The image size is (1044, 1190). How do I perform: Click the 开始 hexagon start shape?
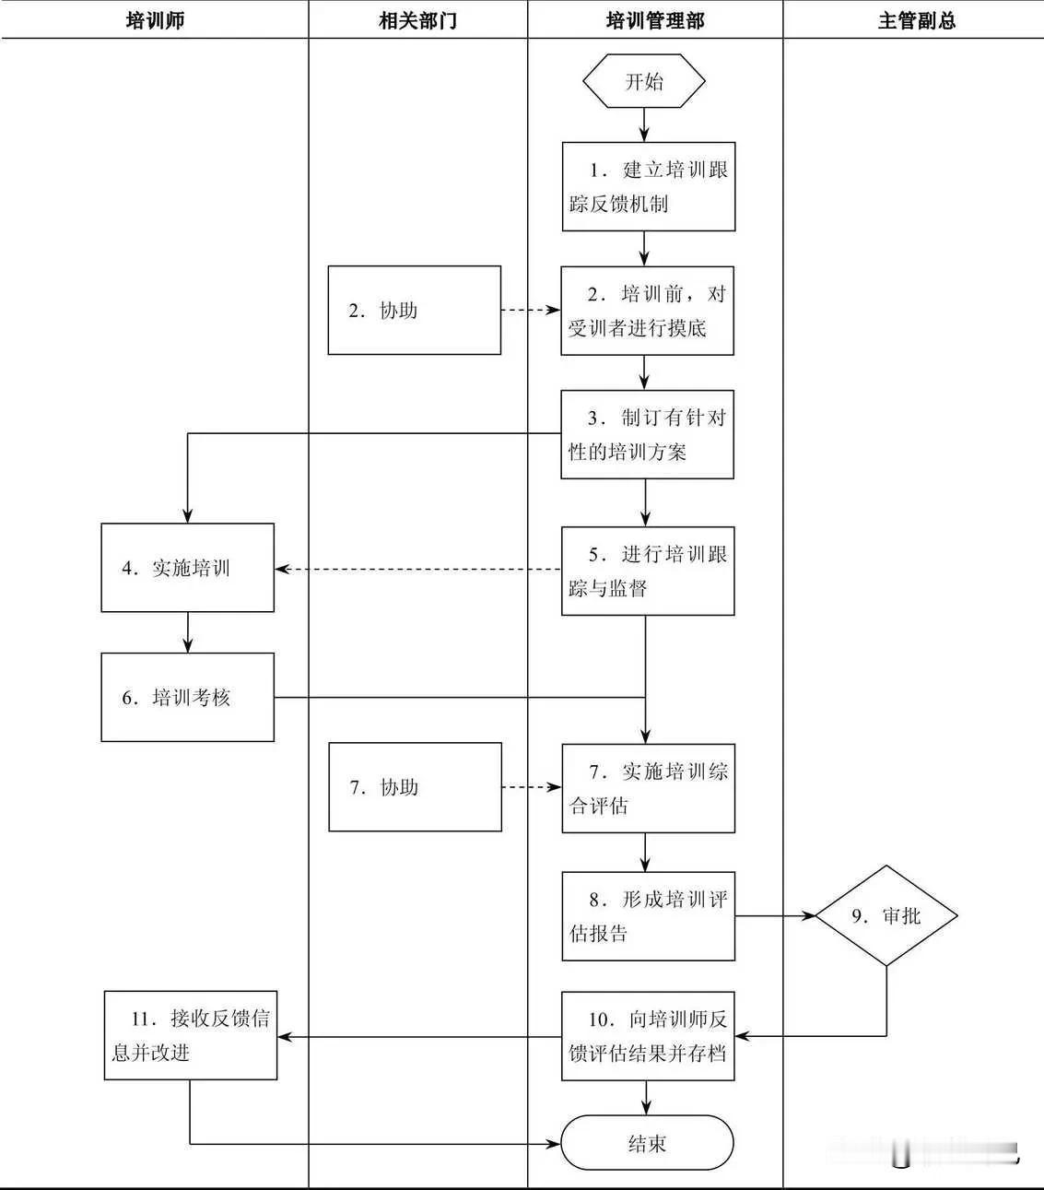pyautogui.click(x=644, y=81)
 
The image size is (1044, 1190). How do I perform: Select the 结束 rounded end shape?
pyautogui.click(x=647, y=1144)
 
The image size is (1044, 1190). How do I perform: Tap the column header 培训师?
pyautogui.click(x=155, y=20)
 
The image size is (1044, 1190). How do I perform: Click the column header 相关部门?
pyautogui.click(x=417, y=20)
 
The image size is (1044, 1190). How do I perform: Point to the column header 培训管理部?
pyautogui.click(x=655, y=20)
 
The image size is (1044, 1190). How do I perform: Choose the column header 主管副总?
pyautogui.click(x=916, y=20)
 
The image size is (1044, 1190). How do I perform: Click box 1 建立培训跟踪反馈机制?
pyautogui.click(x=649, y=186)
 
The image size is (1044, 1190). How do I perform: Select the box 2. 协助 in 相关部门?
pyautogui.click(x=415, y=311)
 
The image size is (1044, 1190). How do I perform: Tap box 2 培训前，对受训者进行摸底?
pyautogui.click(x=647, y=311)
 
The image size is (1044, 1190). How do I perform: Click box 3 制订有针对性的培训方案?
pyautogui.click(x=647, y=434)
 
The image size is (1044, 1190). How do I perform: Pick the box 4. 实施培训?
pyautogui.click(x=187, y=568)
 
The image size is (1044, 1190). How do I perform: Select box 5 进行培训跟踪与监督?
pyautogui.click(x=648, y=571)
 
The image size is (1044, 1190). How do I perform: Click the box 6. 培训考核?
pyautogui.click(x=187, y=698)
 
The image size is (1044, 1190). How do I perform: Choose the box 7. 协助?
pyautogui.click(x=415, y=787)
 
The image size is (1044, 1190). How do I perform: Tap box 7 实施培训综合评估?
pyautogui.click(x=648, y=788)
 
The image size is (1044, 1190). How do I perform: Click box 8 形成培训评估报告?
pyautogui.click(x=648, y=916)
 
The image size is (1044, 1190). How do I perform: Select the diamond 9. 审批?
pyautogui.click(x=886, y=916)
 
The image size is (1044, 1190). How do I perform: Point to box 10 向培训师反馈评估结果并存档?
pyautogui.click(x=648, y=1036)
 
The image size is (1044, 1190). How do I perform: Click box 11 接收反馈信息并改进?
pyautogui.click(x=190, y=1035)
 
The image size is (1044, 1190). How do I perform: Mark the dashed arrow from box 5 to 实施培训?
pyautogui.click(x=418, y=570)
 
